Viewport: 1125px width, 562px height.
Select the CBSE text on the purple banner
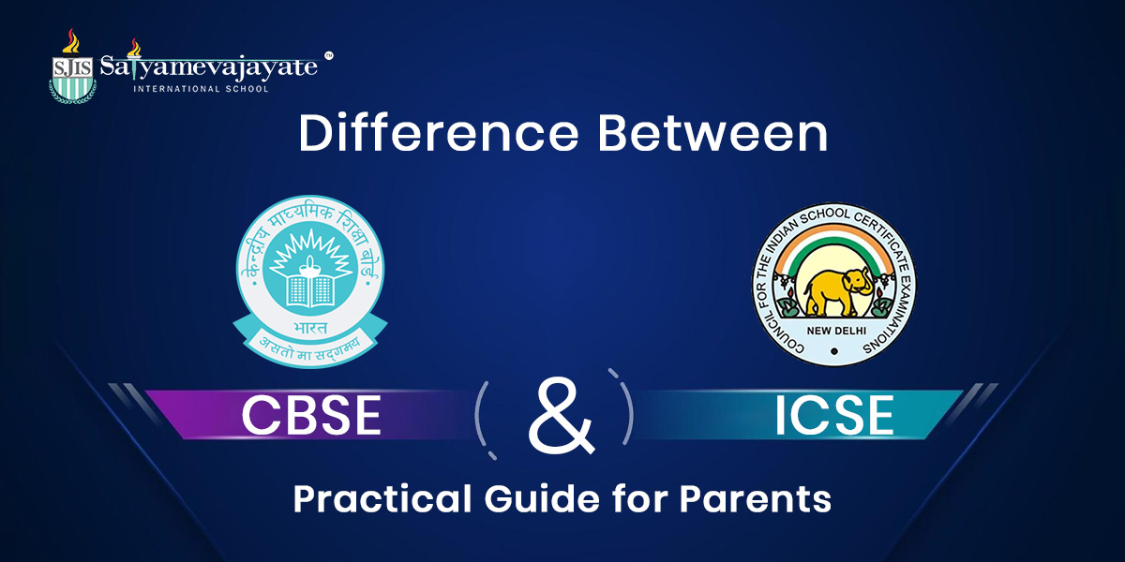(x=311, y=415)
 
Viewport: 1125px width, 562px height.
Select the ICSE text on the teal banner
(x=833, y=415)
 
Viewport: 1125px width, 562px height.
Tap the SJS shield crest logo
(x=72, y=71)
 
